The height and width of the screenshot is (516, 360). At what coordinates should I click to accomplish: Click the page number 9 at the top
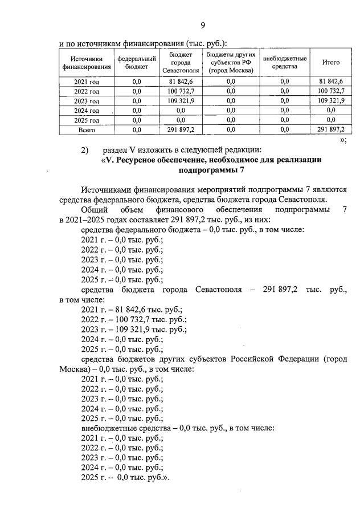202,25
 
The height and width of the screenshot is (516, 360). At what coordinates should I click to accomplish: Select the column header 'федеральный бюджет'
137,63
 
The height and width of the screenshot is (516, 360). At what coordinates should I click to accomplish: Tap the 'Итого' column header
330,63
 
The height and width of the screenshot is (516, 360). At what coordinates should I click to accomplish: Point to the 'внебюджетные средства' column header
284,63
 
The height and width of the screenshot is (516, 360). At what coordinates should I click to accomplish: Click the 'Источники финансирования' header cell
87,63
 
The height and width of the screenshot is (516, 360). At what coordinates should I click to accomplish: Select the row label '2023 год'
87,101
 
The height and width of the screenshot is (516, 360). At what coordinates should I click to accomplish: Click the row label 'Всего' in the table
87,130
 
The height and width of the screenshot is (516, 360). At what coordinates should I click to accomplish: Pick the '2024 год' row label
87,111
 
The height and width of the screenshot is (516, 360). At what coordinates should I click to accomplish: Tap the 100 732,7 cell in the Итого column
330,91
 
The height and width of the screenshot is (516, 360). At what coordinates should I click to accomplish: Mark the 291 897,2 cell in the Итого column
330,130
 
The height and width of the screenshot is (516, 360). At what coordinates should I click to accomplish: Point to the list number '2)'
85,149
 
